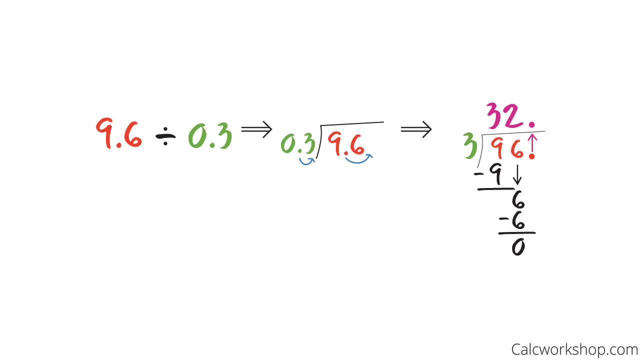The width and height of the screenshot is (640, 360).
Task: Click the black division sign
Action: pos(165,136)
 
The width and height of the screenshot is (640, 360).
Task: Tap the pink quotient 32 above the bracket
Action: pos(505,115)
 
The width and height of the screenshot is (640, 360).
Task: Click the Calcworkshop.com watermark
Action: pos(574,349)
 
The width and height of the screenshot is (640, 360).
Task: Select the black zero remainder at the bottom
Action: pos(518,247)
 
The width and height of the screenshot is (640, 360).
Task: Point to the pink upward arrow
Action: pos(532,143)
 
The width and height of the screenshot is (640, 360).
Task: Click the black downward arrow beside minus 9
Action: pos(517,174)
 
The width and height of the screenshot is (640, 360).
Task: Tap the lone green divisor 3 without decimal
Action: pos(470,145)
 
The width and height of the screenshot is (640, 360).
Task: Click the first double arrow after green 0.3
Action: pos(256,129)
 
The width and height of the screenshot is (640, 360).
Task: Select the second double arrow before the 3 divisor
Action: pos(416,129)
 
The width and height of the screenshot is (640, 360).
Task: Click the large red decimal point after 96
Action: pos(531,156)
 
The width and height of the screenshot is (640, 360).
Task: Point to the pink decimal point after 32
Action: pos(531,124)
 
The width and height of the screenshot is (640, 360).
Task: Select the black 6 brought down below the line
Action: pos(518,200)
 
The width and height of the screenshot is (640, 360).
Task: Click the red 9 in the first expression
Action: pos(104,133)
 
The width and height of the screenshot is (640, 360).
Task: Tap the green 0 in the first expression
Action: pos(197,135)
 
